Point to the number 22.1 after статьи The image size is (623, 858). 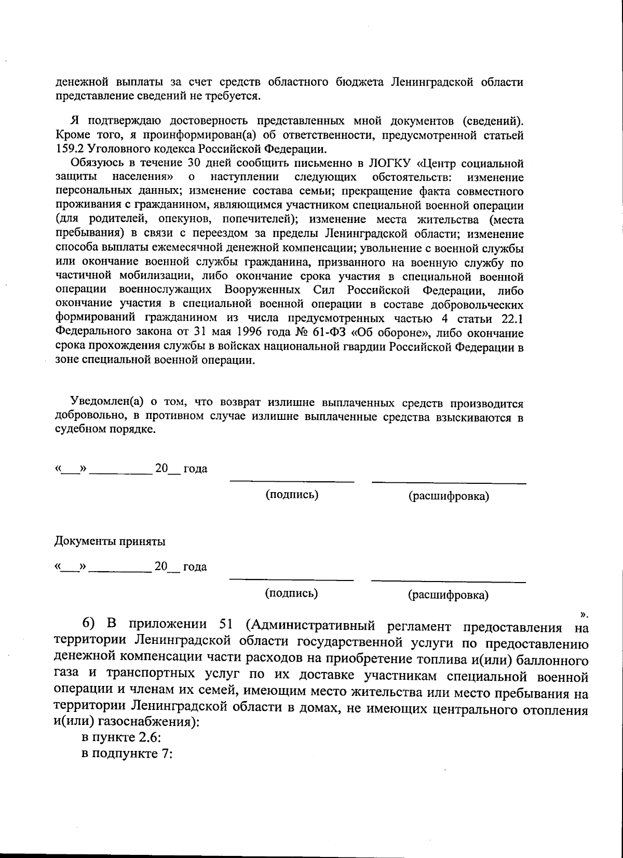[x=512, y=319]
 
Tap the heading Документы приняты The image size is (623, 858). [x=110, y=542]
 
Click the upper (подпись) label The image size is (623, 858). [x=292, y=495]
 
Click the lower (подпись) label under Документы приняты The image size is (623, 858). [x=291, y=593]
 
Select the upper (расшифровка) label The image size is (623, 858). [x=449, y=496]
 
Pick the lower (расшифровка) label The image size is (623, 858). [x=448, y=595]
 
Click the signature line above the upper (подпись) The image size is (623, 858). [x=292, y=481]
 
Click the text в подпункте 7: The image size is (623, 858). [x=127, y=754]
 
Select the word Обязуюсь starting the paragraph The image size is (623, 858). [x=93, y=163]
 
